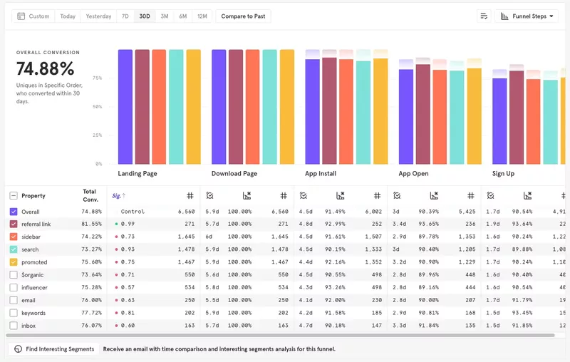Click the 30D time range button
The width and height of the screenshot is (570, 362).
click(145, 16)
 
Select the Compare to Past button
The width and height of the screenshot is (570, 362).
click(243, 16)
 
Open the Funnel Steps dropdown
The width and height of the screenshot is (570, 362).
click(527, 16)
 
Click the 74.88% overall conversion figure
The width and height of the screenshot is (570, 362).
click(46, 69)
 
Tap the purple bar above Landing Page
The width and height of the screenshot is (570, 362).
click(125, 107)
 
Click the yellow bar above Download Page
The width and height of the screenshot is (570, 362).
click(287, 107)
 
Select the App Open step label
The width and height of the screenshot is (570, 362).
click(413, 174)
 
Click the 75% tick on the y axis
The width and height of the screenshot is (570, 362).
click(97, 78)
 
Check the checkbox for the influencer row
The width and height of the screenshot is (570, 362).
click(14, 288)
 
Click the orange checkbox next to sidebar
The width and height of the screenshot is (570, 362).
click(14, 237)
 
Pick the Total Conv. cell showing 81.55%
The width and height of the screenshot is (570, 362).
click(91, 224)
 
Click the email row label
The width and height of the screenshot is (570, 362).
click(28, 301)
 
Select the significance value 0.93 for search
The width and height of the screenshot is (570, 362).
click(128, 249)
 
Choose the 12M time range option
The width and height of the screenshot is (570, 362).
click(202, 16)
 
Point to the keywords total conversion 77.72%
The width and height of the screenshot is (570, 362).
click(91, 313)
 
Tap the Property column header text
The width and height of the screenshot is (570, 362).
click(33, 196)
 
